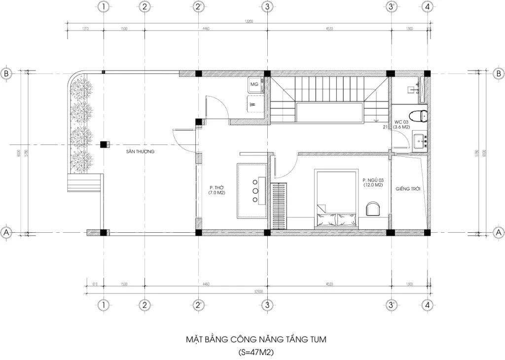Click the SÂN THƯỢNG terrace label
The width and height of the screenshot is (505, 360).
(140, 152)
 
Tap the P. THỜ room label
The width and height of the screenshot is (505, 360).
(216, 191)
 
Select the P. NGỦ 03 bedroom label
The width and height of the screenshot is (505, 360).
(373, 182)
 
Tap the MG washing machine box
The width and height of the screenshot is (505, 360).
(254, 85)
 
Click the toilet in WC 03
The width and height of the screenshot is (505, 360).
(420, 116)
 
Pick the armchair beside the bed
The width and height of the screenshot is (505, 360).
(373, 208)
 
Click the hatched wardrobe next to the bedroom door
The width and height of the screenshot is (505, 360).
(279, 205)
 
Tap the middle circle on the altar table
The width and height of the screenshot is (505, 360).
(255, 190)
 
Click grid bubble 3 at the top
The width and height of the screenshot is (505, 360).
(266, 7)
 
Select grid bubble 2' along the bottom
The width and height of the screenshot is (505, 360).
(198, 305)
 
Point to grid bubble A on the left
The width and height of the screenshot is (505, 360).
(6, 232)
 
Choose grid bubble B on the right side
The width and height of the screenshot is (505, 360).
(498, 73)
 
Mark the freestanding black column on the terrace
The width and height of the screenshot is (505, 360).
(104, 144)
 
